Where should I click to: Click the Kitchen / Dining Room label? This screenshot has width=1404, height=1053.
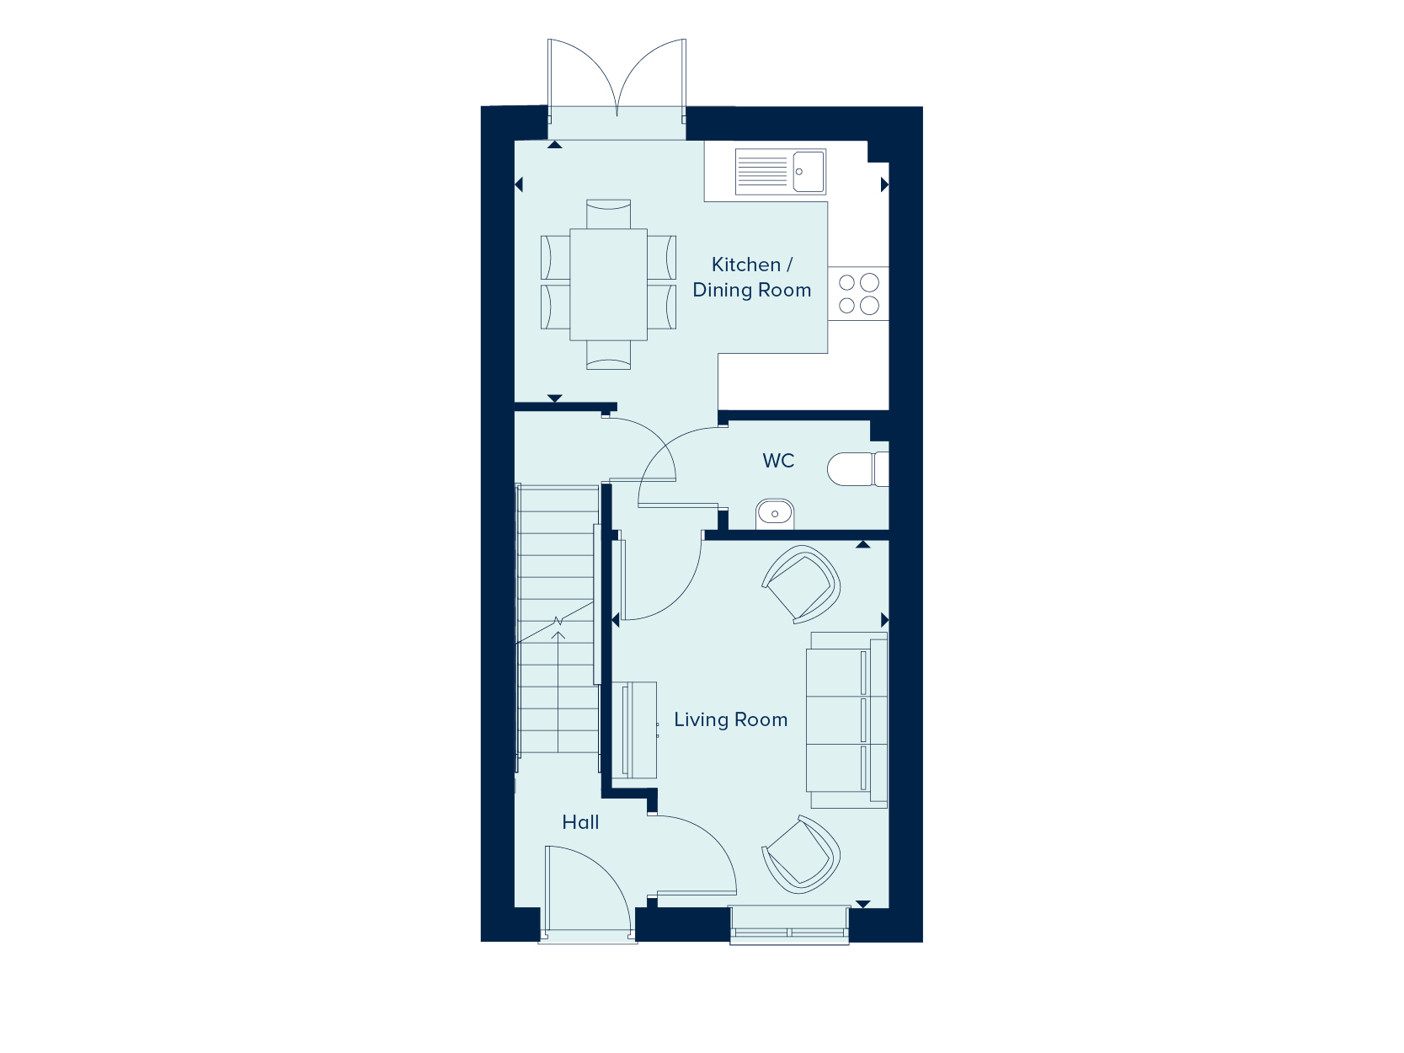pos(751,277)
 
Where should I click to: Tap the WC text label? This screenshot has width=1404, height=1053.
pos(778,461)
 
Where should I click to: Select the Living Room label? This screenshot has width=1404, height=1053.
pos(730,719)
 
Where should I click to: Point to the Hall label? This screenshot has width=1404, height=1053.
pos(580,822)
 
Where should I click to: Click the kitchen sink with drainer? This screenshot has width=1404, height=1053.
pos(781,172)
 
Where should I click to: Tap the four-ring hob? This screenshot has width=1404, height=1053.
pos(858,294)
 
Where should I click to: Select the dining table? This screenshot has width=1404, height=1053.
pos(608,285)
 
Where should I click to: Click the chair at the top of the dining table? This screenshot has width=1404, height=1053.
pos(608,214)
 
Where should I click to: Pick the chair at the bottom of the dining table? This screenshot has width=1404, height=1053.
pos(608,355)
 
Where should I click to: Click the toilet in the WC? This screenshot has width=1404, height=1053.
pos(857,469)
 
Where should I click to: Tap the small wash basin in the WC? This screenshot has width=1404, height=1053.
pos(775,515)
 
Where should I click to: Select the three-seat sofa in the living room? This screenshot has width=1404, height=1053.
pos(847,719)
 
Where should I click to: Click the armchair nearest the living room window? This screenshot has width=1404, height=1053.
pos(801,855)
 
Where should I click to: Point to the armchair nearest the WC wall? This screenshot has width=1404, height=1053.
pos(801,584)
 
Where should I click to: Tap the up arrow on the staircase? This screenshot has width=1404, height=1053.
pos(558,691)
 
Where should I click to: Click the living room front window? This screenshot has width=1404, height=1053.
pos(789,925)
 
